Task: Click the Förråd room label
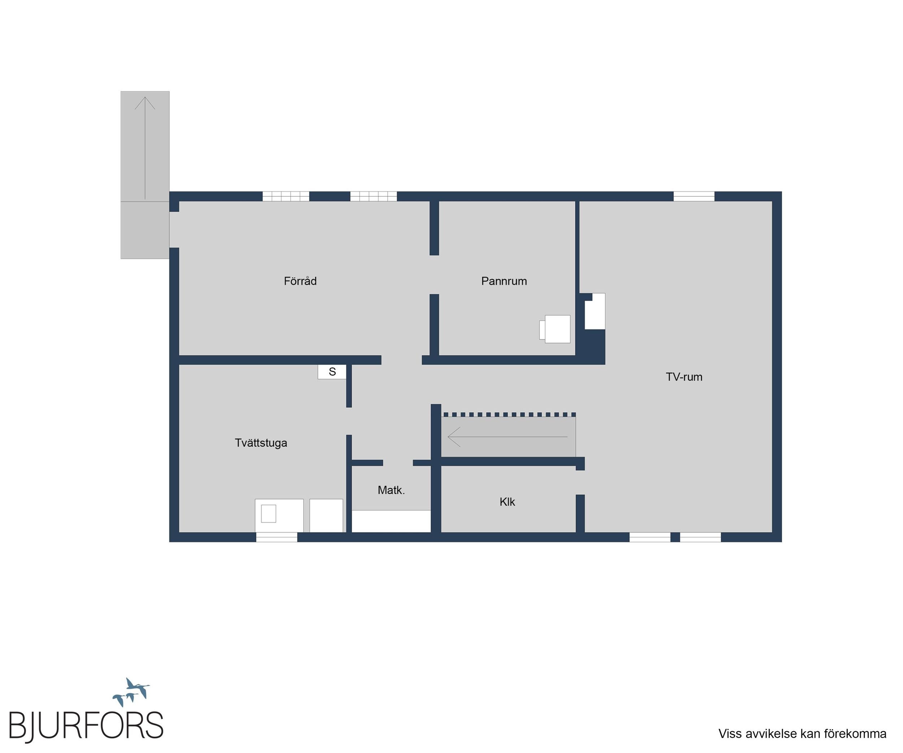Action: pos(300,281)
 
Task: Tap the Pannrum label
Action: pos(504,281)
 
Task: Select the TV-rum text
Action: pos(684,377)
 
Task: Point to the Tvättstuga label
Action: pos(261,443)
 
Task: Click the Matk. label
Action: pos(391,490)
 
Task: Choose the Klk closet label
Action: pos(507,502)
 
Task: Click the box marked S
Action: pos(332,372)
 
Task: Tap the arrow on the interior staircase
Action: pos(507,437)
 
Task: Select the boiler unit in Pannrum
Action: pos(555,329)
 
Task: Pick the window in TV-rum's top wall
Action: pos(694,197)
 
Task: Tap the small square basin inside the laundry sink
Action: pos(269,514)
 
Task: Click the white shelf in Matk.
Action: pos(391,521)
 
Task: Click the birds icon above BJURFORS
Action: pos(131,692)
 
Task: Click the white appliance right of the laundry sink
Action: pos(327,515)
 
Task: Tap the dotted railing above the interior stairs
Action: pos(510,415)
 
